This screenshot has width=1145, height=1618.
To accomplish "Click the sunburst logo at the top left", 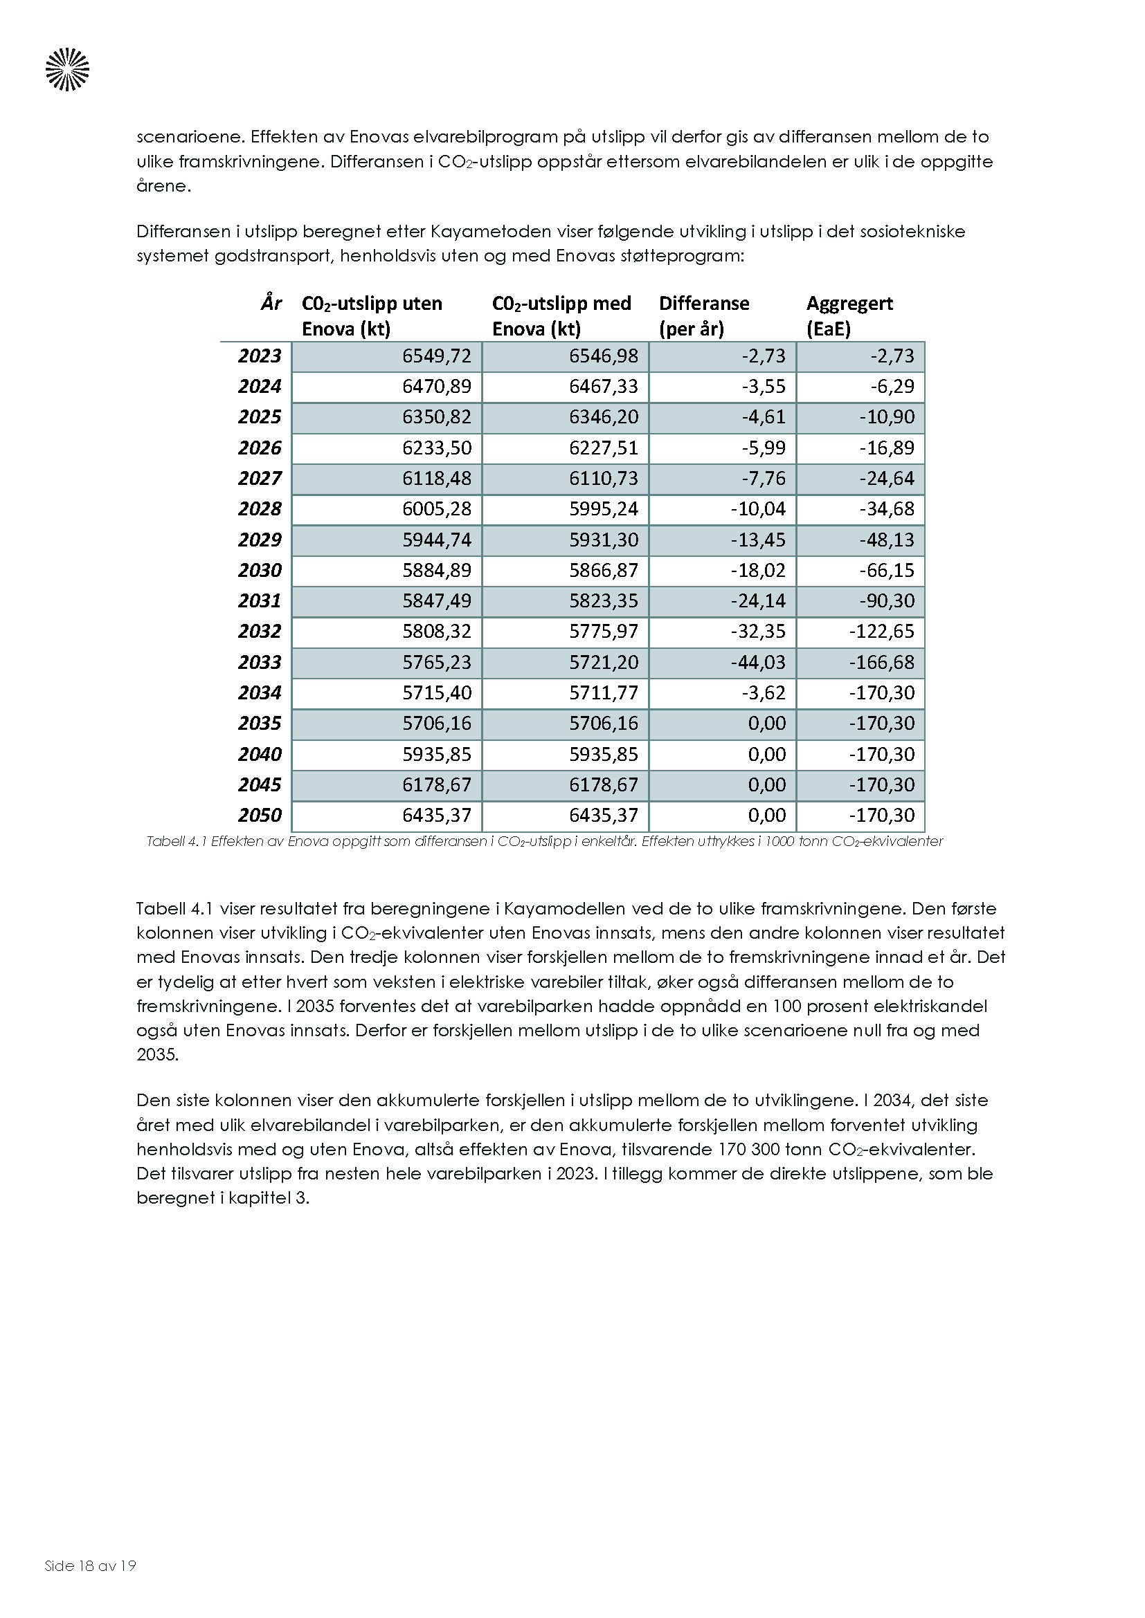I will [x=68, y=69].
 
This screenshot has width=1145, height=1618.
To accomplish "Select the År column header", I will [x=271, y=304].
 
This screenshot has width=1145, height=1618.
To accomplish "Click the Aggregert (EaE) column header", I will [x=849, y=315].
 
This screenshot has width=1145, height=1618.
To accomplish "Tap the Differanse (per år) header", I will [x=703, y=315].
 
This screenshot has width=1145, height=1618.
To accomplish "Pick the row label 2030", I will [x=260, y=570].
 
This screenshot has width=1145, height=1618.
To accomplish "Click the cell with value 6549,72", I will [x=436, y=356].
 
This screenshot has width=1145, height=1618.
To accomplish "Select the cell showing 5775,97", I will [x=604, y=632].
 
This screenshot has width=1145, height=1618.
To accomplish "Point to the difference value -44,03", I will [x=758, y=663].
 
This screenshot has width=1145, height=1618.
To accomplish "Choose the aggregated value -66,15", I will [x=886, y=570].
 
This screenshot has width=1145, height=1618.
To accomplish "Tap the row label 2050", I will [x=260, y=816].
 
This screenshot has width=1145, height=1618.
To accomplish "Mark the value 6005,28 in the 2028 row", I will [x=436, y=509].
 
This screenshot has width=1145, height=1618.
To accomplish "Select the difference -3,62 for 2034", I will [x=763, y=692].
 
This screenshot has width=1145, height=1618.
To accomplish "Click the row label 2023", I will [x=260, y=356].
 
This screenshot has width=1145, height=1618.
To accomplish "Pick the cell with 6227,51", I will [x=604, y=448].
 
